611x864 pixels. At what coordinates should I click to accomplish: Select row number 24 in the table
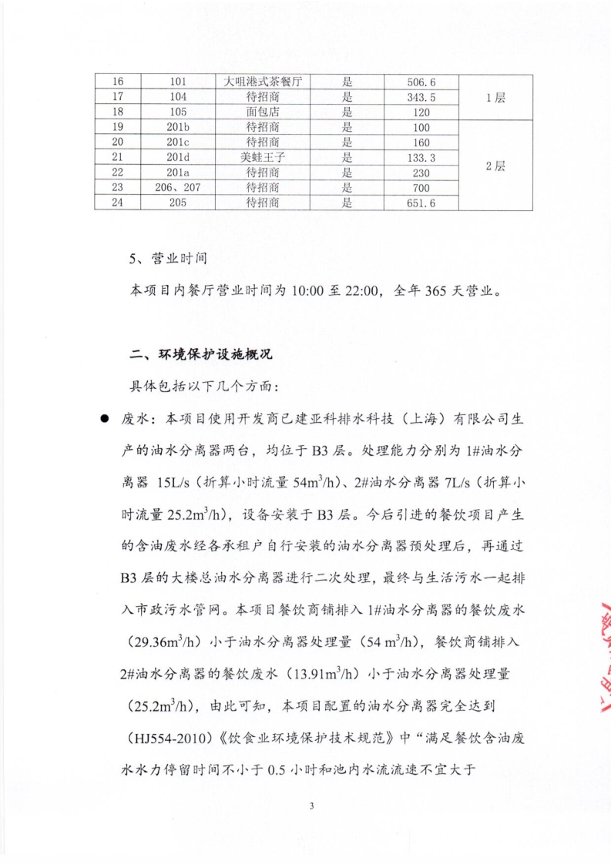118,203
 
